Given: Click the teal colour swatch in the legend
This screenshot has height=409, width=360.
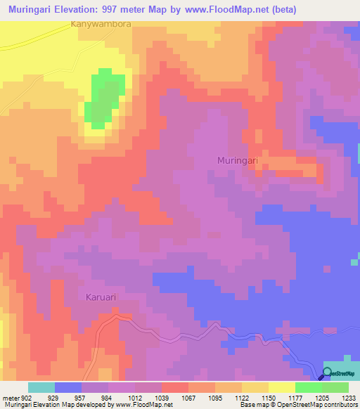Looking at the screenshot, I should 41,387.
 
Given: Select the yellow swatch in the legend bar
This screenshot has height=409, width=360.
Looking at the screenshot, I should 281,387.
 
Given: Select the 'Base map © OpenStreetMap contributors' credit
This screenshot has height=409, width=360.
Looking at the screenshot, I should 298,405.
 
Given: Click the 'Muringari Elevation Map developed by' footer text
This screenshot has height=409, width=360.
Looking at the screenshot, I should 46,405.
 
